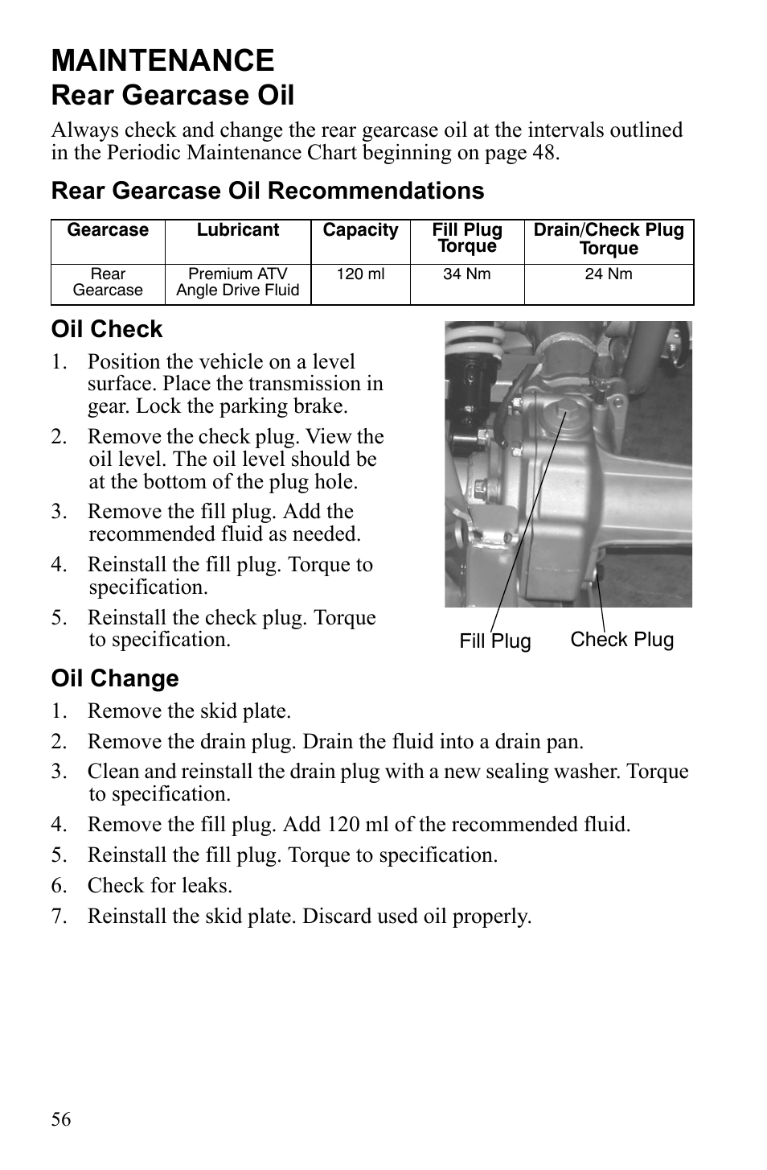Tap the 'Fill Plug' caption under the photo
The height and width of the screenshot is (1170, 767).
(495, 641)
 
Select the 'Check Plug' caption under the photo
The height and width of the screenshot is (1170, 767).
(621, 640)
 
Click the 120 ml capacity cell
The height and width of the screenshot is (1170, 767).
(360, 274)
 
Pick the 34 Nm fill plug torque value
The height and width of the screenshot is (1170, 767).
(466, 274)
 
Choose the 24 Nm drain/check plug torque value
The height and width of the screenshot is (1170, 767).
(608, 274)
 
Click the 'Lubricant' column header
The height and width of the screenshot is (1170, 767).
(238, 230)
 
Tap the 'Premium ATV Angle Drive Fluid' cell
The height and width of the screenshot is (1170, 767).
(238, 282)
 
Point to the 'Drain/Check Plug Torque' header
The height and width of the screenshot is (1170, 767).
(609, 239)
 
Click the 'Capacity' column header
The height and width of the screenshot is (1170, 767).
(360, 230)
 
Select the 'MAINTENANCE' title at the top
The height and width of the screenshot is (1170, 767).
(162, 61)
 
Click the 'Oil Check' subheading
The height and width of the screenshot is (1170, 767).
(107, 329)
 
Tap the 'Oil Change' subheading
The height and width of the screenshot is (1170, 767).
(115, 678)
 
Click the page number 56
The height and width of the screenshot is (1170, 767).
(61, 1119)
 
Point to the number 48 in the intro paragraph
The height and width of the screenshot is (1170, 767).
(543, 153)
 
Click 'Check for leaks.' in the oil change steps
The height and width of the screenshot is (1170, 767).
(159, 886)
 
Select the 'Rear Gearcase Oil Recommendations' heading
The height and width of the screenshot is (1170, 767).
(268, 191)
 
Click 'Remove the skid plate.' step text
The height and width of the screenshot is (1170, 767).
(189, 711)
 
